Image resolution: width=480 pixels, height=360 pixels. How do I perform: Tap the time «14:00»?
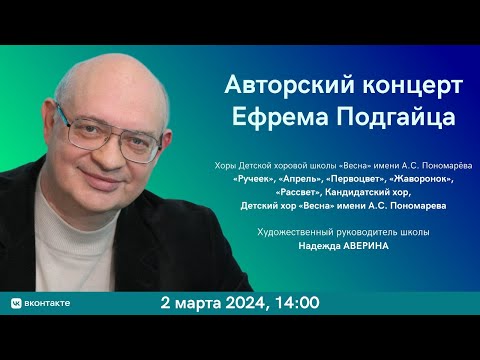pyautogui.click(x=296, y=301)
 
